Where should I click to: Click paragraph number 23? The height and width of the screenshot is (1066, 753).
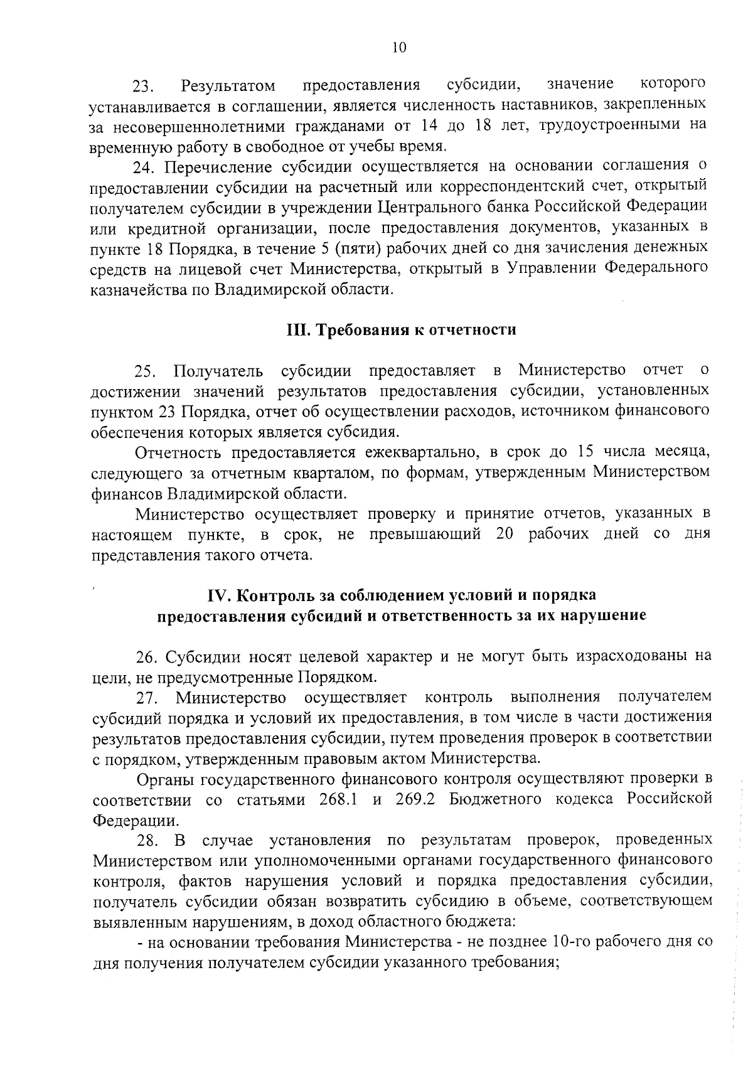point(142,86)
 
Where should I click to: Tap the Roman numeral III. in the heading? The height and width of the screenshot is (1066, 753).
point(298,330)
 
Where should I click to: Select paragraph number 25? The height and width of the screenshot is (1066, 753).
point(147,371)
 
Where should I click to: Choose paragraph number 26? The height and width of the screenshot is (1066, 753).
point(147,658)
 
